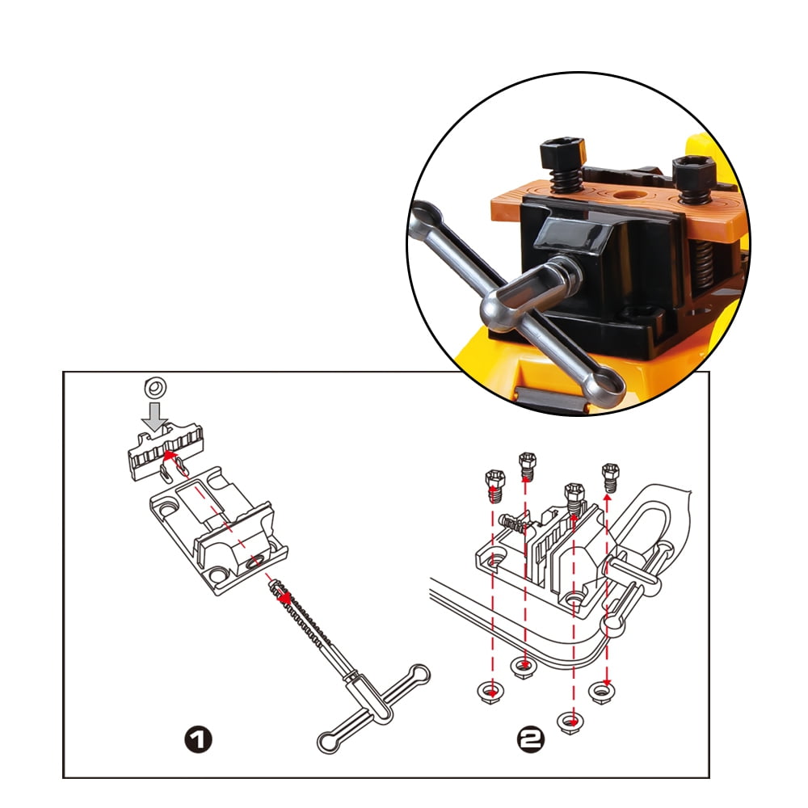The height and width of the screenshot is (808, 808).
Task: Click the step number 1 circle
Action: click(x=199, y=739)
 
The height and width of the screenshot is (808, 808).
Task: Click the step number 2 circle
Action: click(x=530, y=740)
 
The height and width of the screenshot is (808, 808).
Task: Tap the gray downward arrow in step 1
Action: click(x=155, y=416)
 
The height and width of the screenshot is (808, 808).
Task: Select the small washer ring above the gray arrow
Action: click(x=155, y=387)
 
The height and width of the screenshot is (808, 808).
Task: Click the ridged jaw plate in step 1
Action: click(x=165, y=450)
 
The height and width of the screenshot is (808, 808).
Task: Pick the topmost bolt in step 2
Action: click(x=527, y=465)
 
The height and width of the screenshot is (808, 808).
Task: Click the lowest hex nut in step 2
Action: click(x=570, y=722)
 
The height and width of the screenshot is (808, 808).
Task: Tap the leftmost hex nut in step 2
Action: click(x=491, y=692)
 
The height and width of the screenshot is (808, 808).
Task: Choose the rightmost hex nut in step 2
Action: click(x=603, y=692)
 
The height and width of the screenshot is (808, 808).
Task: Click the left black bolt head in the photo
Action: click(x=562, y=153)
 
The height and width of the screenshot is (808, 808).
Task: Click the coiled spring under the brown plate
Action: click(x=702, y=264)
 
